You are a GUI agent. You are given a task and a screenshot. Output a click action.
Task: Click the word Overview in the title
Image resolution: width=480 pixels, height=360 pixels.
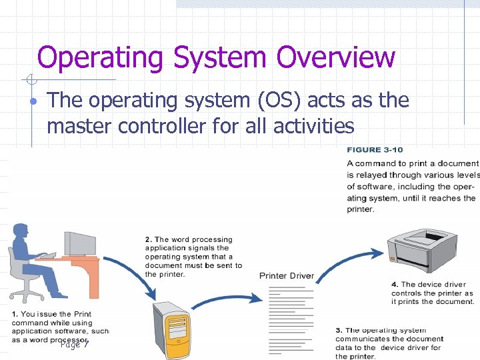(336, 57)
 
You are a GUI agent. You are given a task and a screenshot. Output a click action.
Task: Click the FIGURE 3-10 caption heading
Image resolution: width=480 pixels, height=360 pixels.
(375, 150)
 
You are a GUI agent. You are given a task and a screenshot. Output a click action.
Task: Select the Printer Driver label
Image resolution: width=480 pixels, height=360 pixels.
(287, 276)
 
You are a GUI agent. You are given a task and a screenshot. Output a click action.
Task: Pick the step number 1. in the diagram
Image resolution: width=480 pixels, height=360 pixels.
(15, 314)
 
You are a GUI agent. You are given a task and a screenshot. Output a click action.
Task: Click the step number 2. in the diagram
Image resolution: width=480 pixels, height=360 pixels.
(149, 239)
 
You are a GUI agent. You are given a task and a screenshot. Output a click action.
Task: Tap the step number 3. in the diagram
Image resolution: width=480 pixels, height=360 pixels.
(339, 330)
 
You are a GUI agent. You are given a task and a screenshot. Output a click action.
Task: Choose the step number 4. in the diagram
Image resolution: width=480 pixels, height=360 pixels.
(395, 285)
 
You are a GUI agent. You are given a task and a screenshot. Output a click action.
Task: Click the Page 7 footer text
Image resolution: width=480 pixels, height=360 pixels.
(74, 344)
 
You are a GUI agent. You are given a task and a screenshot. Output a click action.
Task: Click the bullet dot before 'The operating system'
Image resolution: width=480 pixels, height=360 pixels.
(32, 102)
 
